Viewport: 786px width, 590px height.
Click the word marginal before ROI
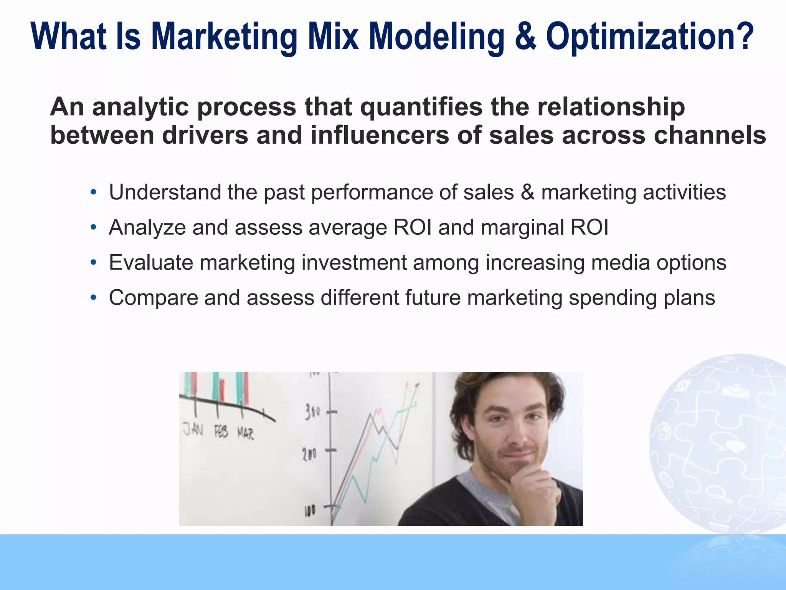522,227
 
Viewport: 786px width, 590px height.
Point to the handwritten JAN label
193,429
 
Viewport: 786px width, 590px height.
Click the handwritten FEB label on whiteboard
221,432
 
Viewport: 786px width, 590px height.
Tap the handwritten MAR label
245,434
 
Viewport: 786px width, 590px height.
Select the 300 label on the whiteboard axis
312,412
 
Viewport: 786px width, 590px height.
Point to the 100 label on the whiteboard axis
310,510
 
